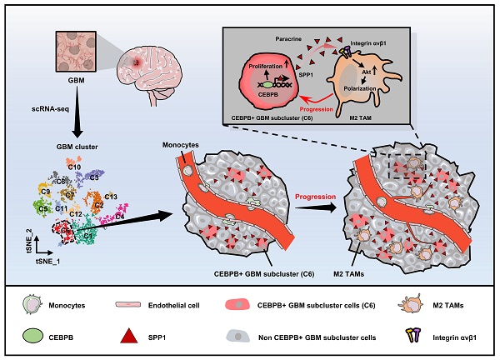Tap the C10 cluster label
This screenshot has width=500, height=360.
point(74,167)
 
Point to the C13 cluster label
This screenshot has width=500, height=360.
point(111,196)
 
